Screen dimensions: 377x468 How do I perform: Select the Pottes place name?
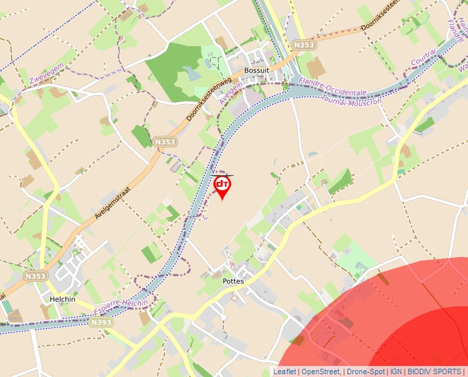click(x=233, y=281)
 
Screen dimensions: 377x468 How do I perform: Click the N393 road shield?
click(x=100, y=322)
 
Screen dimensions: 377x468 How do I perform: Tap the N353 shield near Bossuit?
click(x=303, y=45)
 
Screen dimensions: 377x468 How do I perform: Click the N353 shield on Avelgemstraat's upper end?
click(x=165, y=142)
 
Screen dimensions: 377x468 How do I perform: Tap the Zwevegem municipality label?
click(x=46, y=76)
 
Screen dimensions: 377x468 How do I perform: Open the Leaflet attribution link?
click(x=284, y=371)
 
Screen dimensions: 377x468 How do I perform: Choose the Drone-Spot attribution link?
click(x=365, y=371)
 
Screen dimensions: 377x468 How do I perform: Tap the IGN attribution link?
click(x=396, y=371)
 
